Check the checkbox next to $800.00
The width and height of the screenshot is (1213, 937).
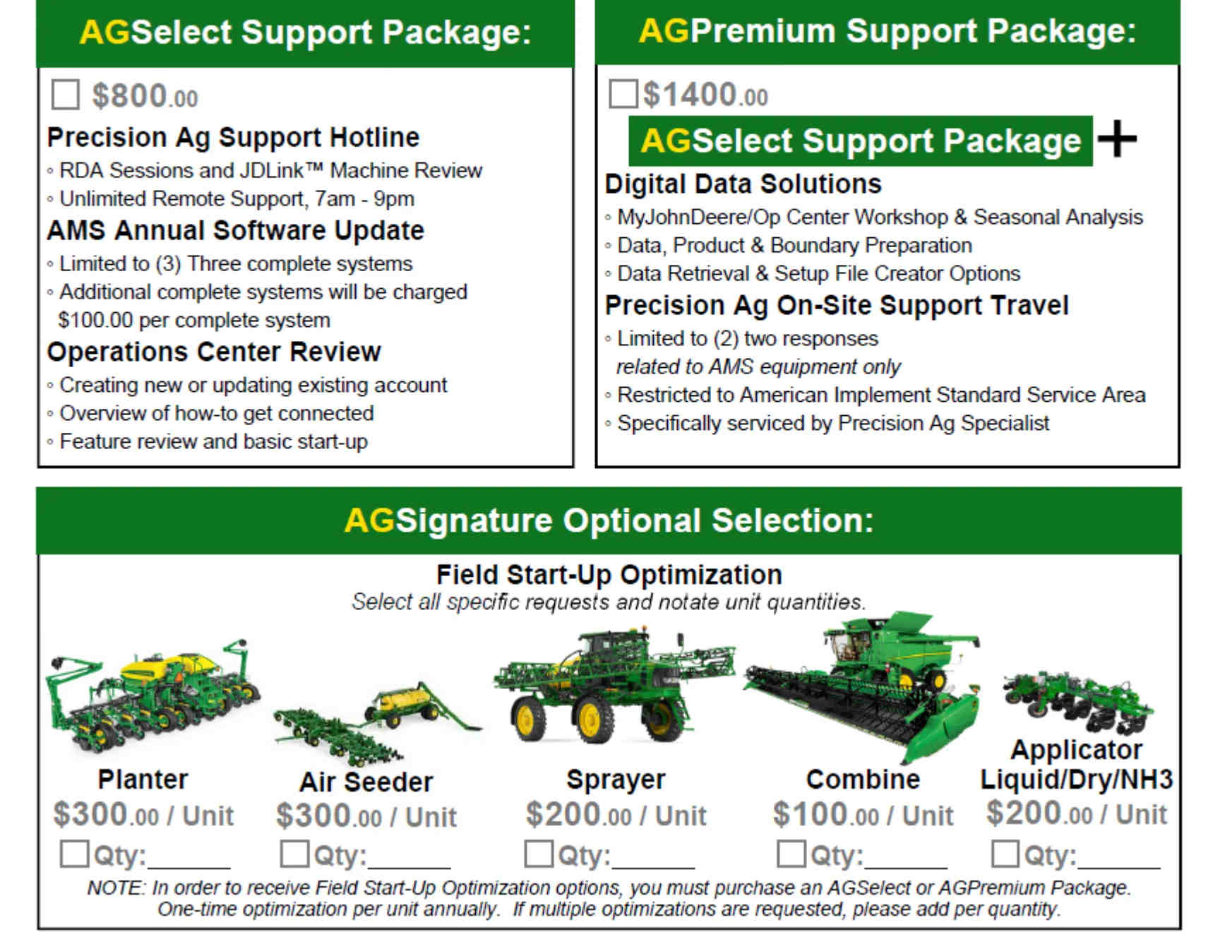tap(65, 95)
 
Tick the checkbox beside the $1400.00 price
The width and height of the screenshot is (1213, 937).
tap(623, 93)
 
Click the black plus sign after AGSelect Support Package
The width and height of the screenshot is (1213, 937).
tap(1117, 139)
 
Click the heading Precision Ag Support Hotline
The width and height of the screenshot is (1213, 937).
tap(233, 137)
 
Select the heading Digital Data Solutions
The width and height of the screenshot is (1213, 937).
tap(743, 184)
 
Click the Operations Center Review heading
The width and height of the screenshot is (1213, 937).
tap(214, 352)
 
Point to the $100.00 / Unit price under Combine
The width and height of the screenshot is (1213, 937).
tap(863, 814)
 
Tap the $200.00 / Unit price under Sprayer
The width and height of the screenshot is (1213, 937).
tap(616, 814)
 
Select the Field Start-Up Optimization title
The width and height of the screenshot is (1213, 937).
tap(609, 574)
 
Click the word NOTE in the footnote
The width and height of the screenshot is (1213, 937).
tap(116, 888)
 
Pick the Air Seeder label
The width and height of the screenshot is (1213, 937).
tap(366, 782)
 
